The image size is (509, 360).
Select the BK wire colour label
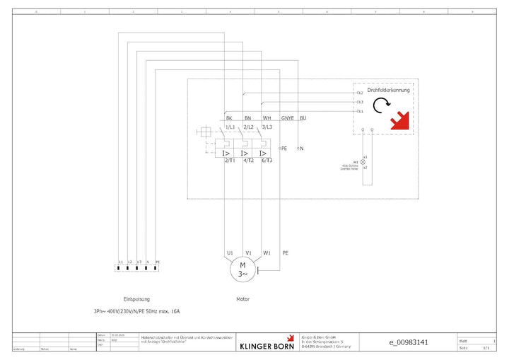pyautogui.click(x=229, y=118)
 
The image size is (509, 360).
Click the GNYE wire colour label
pyautogui.click(x=288, y=118)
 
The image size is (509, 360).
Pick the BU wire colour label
pyautogui.click(x=303, y=118)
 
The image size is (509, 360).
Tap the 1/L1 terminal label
pyautogui.click(x=230, y=127)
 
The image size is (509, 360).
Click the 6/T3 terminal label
pyautogui.click(x=267, y=161)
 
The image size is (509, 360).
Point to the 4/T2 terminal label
pyautogui.click(x=248, y=161)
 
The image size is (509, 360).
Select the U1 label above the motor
pyautogui.click(x=230, y=252)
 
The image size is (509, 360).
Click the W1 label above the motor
pyautogui.click(x=267, y=252)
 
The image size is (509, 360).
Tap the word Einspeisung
pyautogui.click(x=136, y=299)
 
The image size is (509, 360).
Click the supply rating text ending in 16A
pyautogui.click(x=136, y=311)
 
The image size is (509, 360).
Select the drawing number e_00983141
pyautogui.click(x=409, y=342)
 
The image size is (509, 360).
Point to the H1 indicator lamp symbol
pyautogui.click(x=364, y=162)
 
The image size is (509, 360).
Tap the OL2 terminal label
pyautogui.click(x=360, y=93)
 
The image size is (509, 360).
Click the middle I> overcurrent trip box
pyautogui.click(x=243, y=153)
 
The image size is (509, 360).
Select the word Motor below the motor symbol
pyautogui.click(x=242, y=299)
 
